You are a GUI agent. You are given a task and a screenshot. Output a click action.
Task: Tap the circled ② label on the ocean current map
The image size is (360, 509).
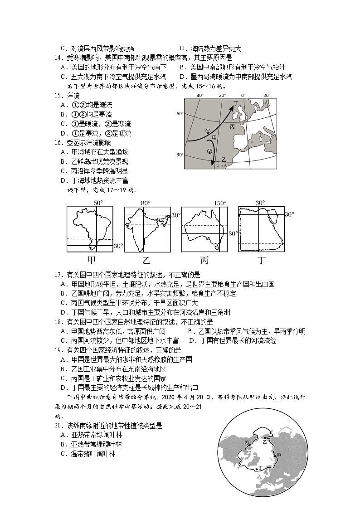click(209, 151)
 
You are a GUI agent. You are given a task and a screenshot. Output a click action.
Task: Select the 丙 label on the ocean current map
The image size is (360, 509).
click(232, 126)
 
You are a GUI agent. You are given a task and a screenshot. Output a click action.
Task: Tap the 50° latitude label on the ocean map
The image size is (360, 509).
click(180, 114)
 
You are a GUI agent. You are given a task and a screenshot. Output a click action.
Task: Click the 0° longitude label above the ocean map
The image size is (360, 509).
click(243, 96)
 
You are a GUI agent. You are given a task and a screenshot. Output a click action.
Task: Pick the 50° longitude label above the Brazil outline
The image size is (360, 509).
click(98, 203)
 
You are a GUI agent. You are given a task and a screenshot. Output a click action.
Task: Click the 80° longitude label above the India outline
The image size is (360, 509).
click(145, 203)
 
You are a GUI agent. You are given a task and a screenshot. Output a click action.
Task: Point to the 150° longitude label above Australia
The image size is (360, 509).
click(220, 203)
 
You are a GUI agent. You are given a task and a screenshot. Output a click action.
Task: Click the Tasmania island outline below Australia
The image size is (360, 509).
click(217, 247)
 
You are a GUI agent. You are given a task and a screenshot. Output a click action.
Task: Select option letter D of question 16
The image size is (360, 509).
click(63, 180)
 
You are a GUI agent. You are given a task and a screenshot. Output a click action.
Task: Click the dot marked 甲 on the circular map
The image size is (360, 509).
click(274, 455)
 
